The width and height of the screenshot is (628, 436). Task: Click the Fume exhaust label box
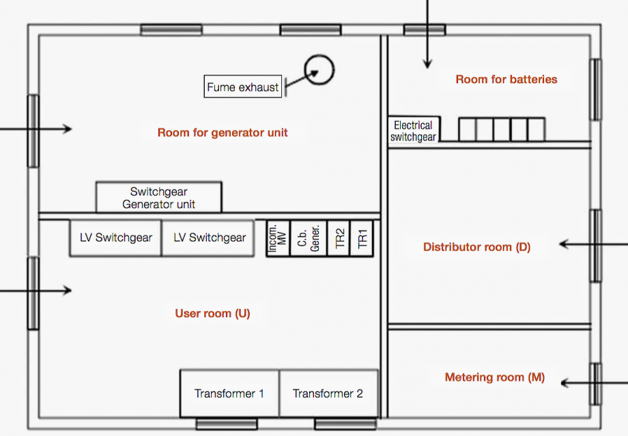click(243, 87)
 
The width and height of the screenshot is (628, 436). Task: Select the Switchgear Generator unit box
click(159, 197)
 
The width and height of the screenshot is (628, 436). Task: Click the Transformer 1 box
click(229, 393)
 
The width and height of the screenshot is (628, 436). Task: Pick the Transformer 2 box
click(328, 393)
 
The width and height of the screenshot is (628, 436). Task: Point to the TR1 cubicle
click(362, 238)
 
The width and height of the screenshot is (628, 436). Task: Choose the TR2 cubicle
click(339, 238)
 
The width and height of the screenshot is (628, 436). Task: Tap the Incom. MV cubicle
click(278, 238)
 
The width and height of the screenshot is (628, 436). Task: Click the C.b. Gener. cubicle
click(309, 238)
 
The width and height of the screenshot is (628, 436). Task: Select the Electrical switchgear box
click(414, 130)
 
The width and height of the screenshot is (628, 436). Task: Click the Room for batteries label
click(506, 79)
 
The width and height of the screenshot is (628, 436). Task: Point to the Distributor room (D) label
click(476, 246)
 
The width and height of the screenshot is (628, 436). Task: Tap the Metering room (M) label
click(495, 377)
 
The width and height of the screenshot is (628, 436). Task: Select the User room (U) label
click(212, 313)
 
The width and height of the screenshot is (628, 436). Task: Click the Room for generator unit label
click(223, 132)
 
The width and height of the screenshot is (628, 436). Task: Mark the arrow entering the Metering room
click(595, 383)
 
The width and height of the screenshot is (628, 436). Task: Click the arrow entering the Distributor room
click(594, 244)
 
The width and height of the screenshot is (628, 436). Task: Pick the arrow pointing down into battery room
click(427, 34)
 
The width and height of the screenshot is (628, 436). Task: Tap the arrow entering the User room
click(35, 290)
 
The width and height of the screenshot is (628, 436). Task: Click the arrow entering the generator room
click(35, 129)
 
